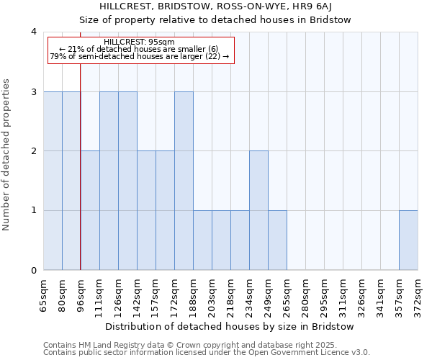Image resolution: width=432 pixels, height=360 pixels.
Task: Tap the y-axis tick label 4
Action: pyautogui.click(x=33, y=32)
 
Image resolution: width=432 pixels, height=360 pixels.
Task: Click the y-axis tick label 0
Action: pyautogui.click(x=33, y=271)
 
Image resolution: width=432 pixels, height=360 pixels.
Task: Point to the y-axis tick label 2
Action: pyautogui.click(x=33, y=151)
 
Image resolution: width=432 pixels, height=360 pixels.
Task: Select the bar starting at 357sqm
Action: pyautogui.click(x=408, y=240)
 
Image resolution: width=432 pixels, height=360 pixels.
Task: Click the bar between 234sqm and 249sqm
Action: pyautogui.click(x=258, y=210)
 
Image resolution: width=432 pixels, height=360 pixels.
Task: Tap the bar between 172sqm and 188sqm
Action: pyautogui.click(x=184, y=181)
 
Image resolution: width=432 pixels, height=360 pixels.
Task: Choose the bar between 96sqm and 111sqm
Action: pyautogui.click(x=90, y=210)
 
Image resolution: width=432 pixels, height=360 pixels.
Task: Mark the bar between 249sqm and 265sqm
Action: pyautogui.click(x=277, y=240)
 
